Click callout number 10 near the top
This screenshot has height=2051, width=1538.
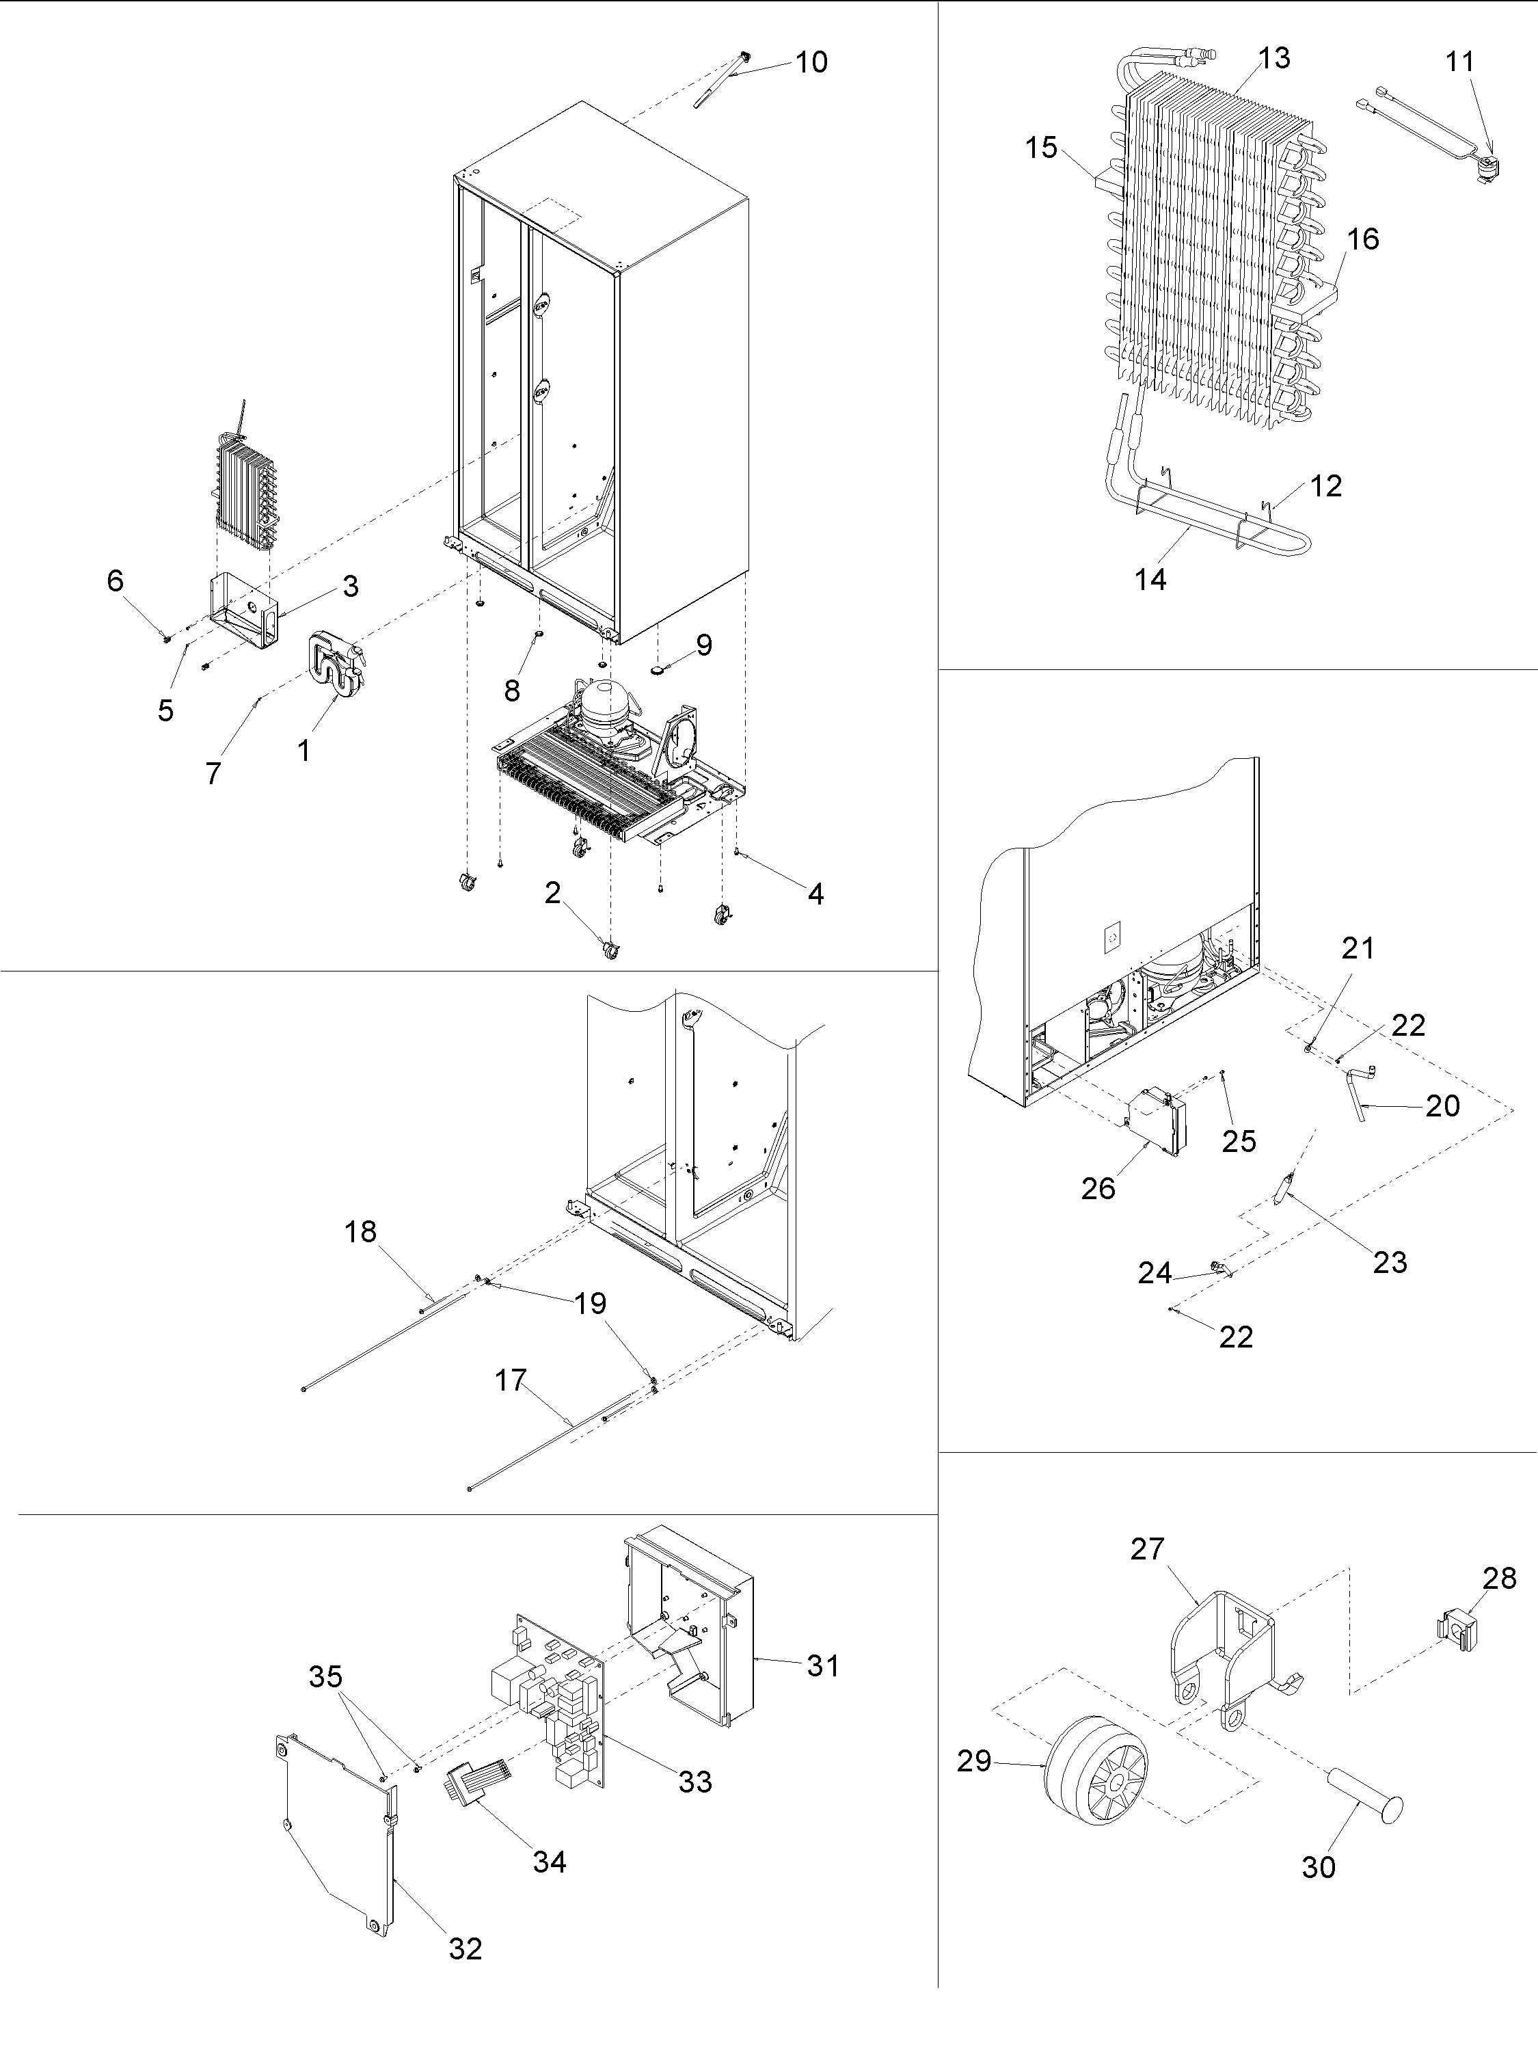[x=811, y=63]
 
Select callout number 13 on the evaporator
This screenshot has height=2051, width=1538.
[x=1273, y=58]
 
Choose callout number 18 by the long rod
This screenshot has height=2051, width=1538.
[x=361, y=1231]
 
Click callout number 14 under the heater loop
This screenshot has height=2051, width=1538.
[x=1150, y=580]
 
